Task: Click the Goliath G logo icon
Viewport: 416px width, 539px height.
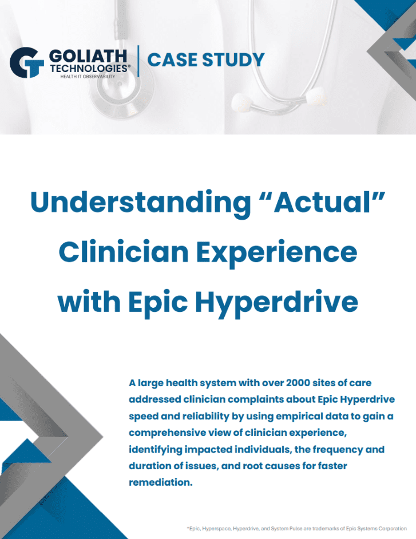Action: (27, 62)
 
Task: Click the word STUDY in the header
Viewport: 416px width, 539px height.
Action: (233, 60)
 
